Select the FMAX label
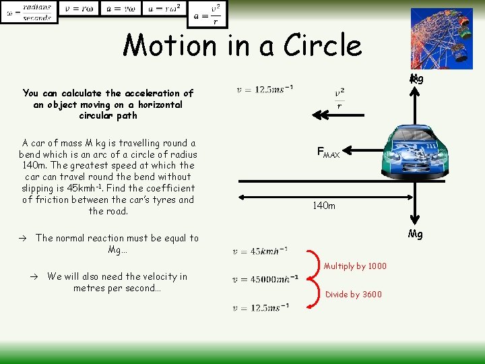tap(329, 153)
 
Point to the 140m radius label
tap(323, 206)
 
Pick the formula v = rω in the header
tap(79, 9)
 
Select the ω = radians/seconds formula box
tap(28, 11)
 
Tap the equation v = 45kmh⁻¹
tap(260, 251)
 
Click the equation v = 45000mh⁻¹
tap(265, 280)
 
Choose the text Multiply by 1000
tap(355, 266)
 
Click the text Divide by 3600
tap(353, 294)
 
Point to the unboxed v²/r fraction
tap(339, 99)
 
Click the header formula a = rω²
tap(165, 9)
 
